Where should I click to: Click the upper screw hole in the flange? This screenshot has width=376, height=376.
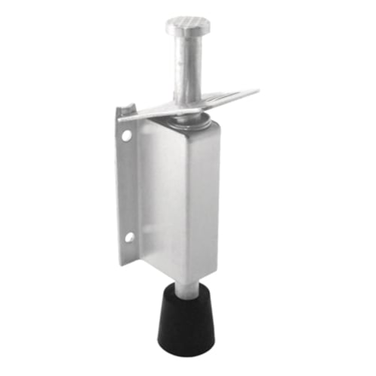pyautogui.click(x=127, y=136)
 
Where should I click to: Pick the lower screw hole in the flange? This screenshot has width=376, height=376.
pyautogui.click(x=129, y=237)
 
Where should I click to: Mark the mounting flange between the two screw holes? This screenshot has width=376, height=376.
pyautogui.click(x=127, y=188)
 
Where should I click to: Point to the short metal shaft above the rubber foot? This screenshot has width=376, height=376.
pyautogui.click(x=182, y=287)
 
